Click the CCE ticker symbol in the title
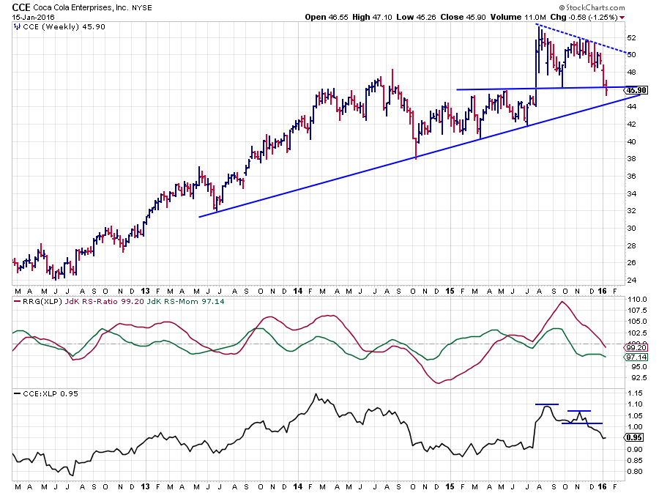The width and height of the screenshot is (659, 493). click(21, 7)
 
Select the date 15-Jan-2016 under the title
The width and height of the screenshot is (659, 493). click(32, 17)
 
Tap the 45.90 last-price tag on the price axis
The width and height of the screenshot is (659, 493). click(633, 89)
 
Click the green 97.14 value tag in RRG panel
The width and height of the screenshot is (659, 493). click(636, 357)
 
